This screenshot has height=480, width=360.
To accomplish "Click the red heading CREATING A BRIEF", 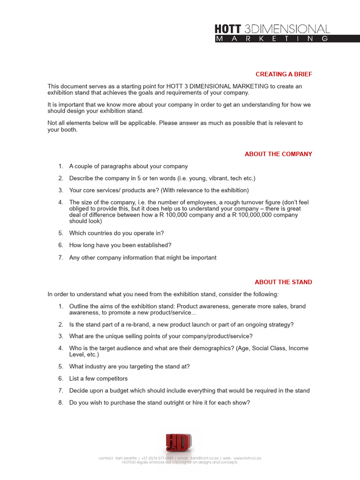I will click(284, 74).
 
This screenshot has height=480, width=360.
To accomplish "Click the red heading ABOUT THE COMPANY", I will click(278, 154).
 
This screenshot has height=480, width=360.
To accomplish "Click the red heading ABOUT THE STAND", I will click(283, 282).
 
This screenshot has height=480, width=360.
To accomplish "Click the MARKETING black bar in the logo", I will click(272, 39).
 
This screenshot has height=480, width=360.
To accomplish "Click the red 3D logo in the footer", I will click(178, 443).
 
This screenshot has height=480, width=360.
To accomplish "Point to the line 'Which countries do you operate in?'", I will click(116, 233).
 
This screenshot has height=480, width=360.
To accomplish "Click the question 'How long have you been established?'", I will click(120, 245).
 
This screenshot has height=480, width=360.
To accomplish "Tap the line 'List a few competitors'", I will click(98, 378).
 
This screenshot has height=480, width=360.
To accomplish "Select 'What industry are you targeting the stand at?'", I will click(129, 367).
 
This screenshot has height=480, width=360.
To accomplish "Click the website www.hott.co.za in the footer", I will click(247, 458).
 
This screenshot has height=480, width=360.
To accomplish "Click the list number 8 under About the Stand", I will click(60, 403).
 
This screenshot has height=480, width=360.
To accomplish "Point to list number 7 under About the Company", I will click(60, 258).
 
